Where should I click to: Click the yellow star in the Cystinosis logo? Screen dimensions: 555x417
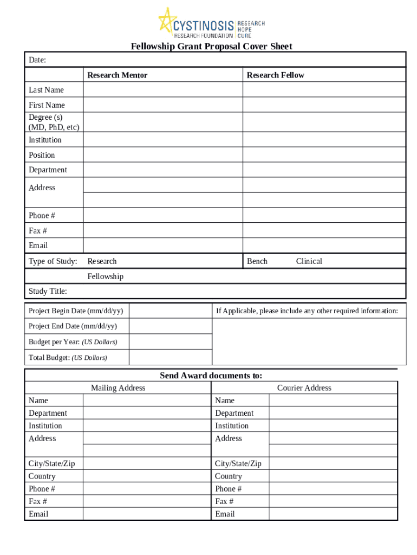pos(168,22)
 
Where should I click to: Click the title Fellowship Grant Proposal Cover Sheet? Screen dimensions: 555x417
pos(211,47)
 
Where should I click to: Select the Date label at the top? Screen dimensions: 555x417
pos(37,60)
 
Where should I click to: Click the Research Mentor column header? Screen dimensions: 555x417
pos(117,75)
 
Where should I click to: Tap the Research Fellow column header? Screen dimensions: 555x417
pos(275,75)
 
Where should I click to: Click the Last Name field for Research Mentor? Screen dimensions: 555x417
pos(162,90)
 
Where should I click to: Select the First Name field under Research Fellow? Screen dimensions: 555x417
pos(323,105)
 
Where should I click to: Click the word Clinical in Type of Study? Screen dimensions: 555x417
pos(309,261)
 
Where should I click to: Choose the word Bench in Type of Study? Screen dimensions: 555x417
pos(257,261)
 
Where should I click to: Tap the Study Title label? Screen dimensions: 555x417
pos(48,292)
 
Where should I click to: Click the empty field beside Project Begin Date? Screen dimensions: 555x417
pos(170,311)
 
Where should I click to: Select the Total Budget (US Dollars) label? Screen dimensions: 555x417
pos(68,358)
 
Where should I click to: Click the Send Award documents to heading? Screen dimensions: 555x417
pos(211,376)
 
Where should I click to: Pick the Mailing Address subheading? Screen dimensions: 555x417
pos(118,388)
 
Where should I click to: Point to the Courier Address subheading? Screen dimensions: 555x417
pos(304,388)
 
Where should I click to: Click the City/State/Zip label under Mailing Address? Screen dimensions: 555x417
pos(52,464)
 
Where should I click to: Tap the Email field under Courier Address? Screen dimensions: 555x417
pos(333,514)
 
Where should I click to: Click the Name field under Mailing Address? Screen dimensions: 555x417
pos(146,401)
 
